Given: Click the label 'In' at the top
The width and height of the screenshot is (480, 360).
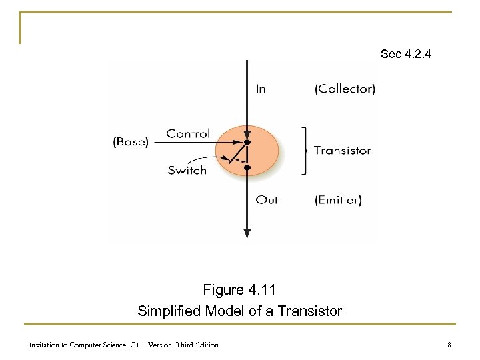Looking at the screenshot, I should [x=261, y=89].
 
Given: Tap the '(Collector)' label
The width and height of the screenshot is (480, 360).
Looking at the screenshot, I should [x=345, y=89].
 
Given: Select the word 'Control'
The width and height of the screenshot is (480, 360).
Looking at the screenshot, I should [x=188, y=133].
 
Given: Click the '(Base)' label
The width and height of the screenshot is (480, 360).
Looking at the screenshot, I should [x=131, y=142].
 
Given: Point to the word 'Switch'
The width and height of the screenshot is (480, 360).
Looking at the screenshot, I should [x=187, y=170].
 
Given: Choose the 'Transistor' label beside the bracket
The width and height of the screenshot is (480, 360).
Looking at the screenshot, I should [x=342, y=150].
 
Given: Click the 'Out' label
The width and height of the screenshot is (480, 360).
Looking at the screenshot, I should [x=267, y=199].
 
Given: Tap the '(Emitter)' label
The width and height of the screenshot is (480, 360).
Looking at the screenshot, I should [x=338, y=199].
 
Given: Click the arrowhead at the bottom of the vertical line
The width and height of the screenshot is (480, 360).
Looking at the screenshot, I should [x=247, y=233].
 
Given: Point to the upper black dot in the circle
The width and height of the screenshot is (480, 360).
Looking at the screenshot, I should [x=247, y=143].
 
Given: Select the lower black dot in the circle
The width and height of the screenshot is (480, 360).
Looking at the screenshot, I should [x=247, y=168].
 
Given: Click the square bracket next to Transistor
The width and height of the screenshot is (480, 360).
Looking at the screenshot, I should [x=305, y=151].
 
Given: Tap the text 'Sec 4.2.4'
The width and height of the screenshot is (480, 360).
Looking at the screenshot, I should [x=405, y=53].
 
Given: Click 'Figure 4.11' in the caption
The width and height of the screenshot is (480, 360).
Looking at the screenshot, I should [x=239, y=290].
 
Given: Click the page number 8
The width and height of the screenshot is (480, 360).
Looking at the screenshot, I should [x=449, y=345].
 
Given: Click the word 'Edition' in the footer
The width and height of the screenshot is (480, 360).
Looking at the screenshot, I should [x=205, y=345].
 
